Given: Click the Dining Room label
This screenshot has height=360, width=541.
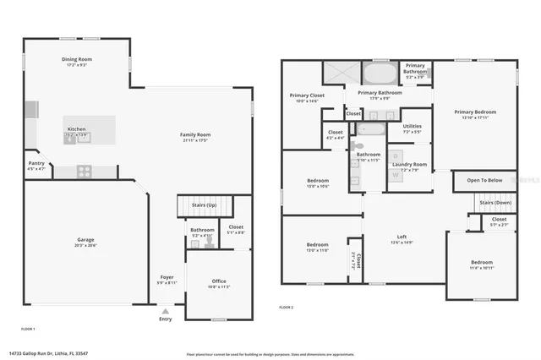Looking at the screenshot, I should click(76, 60).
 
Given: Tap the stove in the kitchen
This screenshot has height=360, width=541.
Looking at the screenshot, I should click(85, 171).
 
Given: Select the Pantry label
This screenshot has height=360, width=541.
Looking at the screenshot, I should click(36, 166).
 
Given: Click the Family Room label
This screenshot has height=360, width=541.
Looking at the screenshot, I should click(195, 136).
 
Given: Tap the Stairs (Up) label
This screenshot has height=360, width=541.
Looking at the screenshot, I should click(205, 205).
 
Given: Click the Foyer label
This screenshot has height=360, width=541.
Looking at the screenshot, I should click(167, 280).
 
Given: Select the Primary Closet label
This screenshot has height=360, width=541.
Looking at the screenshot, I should click(306, 97).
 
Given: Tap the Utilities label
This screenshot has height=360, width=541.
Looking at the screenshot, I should click(412, 129).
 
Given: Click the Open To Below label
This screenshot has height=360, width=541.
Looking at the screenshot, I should click(484, 180).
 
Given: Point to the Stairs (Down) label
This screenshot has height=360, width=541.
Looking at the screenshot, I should click(495, 203).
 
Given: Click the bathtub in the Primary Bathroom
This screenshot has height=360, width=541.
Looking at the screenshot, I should click(378, 72).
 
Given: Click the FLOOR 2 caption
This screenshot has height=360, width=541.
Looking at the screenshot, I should click(287, 308).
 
